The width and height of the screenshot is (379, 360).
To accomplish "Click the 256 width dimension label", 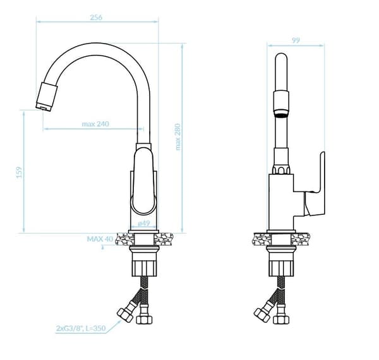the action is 96,18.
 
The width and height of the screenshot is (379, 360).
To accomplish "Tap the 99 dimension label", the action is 296,40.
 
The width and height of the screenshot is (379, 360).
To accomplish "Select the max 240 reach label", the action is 95,124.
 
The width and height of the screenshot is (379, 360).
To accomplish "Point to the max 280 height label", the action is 178,137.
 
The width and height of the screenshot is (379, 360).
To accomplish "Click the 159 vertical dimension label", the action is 19,172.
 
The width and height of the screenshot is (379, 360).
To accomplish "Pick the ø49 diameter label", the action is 144,224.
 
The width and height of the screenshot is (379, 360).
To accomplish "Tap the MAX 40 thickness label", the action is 100,239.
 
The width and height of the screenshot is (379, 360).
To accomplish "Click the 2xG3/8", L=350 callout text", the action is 81,328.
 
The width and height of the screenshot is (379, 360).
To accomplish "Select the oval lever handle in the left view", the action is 143,181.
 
